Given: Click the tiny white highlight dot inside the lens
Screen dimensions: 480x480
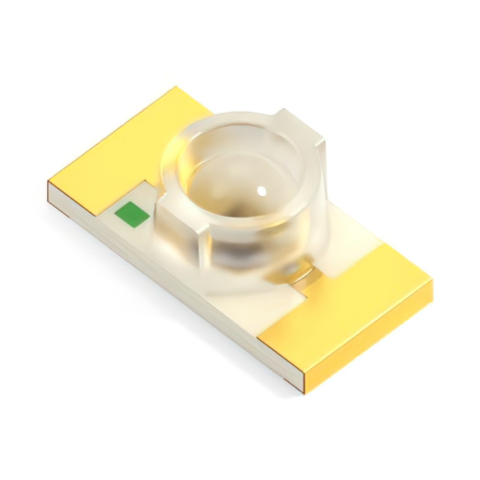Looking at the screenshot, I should click(x=262, y=191).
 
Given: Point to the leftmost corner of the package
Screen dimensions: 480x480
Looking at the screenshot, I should click(x=48, y=182).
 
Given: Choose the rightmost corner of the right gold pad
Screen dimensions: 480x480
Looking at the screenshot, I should click(x=433, y=283).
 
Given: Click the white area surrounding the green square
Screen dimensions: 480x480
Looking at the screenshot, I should click(x=131, y=232).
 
